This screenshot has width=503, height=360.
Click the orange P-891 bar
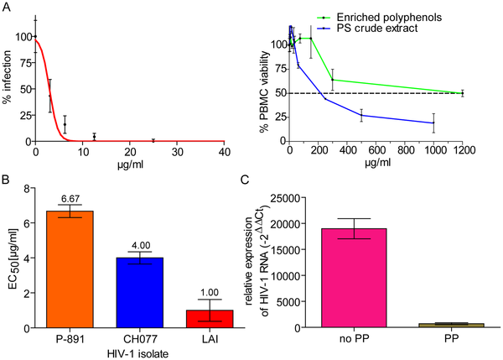70,269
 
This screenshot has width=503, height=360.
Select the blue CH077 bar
140,293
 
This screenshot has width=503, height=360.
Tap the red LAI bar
210,319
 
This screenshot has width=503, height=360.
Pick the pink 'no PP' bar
354,278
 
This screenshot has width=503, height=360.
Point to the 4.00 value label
141,246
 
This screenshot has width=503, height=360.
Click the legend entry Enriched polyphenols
389,18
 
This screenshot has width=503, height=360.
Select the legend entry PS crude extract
377,29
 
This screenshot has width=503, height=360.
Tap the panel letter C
245,180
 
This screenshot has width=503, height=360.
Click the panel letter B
5,180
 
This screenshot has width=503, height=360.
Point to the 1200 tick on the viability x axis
461,150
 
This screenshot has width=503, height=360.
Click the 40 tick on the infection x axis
224,152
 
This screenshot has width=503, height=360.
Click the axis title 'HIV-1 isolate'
138,354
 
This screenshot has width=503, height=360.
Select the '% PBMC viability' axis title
264,92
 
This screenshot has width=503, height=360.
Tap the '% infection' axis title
7,77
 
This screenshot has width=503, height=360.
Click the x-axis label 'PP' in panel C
451,339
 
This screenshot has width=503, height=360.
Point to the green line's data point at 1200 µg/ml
462,93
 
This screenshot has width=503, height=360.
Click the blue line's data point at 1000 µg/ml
433,123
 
